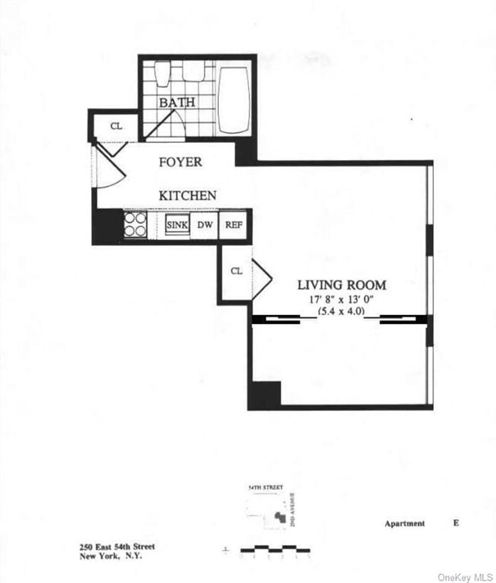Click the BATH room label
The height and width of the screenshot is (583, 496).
point(177,102)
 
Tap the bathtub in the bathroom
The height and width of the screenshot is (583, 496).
point(234,99)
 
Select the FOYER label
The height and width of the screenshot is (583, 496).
point(180,162)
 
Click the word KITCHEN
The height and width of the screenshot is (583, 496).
point(188,195)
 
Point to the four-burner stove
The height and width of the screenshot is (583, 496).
point(135,225)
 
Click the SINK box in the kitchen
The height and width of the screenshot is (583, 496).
point(177,225)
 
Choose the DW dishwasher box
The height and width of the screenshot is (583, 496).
point(205,225)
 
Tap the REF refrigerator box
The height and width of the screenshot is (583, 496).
point(234,225)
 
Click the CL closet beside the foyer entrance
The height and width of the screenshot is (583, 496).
point(116,126)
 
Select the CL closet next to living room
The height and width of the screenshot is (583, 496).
point(236,272)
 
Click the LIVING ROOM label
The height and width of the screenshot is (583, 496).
point(342,285)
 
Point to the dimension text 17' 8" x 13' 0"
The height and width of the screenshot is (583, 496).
point(342,299)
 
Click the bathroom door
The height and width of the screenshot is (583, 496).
point(163,123)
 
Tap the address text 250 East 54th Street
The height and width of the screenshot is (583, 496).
point(117,546)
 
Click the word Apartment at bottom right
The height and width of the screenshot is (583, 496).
point(405,523)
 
